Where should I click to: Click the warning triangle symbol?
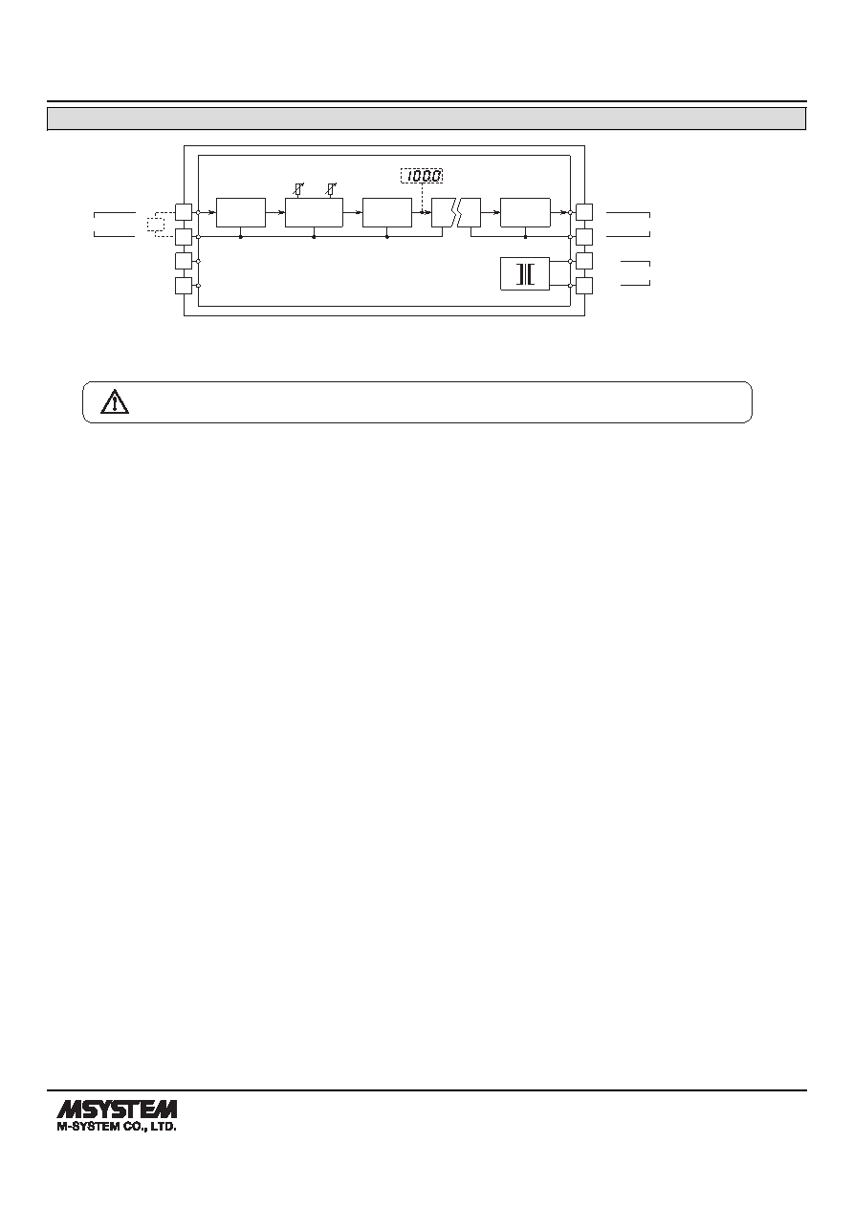point(115,401)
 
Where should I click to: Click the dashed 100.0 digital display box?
point(422,176)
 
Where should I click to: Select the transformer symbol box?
point(525,273)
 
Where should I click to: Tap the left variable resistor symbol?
point(297,189)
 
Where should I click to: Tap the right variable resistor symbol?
point(331,189)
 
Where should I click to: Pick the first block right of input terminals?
point(240,213)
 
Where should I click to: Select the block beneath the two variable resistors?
point(314,213)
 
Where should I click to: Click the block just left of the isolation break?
point(387,213)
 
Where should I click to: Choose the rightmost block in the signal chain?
point(525,213)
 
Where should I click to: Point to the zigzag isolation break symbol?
point(456,213)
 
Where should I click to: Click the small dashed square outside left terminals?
point(156,225)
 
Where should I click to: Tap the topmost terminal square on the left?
point(184,212)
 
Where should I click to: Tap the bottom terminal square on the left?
point(184,286)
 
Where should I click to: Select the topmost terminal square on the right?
point(584,212)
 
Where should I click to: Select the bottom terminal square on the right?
point(584,286)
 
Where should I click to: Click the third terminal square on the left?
point(184,261)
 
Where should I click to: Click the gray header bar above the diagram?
point(426,119)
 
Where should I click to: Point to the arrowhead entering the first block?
point(212,212)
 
